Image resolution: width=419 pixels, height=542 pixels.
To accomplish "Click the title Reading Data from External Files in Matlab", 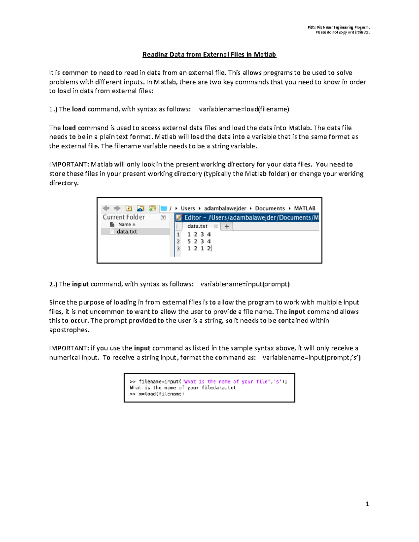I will (x=209, y=54).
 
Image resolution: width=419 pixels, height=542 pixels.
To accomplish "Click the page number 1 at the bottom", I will (x=367, y=504).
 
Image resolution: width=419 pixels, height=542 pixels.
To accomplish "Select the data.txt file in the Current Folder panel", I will (x=127, y=231).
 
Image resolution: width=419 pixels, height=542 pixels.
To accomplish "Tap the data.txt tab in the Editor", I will (x=197, y=226).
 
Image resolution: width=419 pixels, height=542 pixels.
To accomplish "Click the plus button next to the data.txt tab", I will (x=227, y=226).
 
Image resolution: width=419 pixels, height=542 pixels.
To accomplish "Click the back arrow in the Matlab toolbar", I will (x=106, y=208).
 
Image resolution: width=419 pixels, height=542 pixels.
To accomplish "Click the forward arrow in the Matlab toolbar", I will (x=117, y=208).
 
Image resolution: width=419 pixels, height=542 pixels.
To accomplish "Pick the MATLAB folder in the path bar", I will (x=304, y=208).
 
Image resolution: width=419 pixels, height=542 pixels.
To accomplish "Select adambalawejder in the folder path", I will (x=225, y=208).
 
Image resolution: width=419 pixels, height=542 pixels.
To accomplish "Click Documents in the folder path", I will (x=270, y=208).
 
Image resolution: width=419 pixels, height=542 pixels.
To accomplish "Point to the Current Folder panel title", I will (x=124, y=217).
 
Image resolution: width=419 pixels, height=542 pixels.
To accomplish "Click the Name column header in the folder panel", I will (x=124, y=224).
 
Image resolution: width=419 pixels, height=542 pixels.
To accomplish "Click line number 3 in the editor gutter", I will (x=178, y=248).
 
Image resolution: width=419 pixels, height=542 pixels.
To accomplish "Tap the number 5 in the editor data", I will (x=189, y=241).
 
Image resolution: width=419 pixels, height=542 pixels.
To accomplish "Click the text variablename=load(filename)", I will (x=244, y=109).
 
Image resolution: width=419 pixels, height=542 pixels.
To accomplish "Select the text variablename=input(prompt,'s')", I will (x=311, y=357).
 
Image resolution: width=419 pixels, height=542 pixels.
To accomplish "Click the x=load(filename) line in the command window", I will (x=157, y=394).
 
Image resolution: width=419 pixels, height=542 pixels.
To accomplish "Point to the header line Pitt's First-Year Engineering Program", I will (x=338, y=28).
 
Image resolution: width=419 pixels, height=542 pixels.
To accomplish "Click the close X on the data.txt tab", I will (x=216, y=226).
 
